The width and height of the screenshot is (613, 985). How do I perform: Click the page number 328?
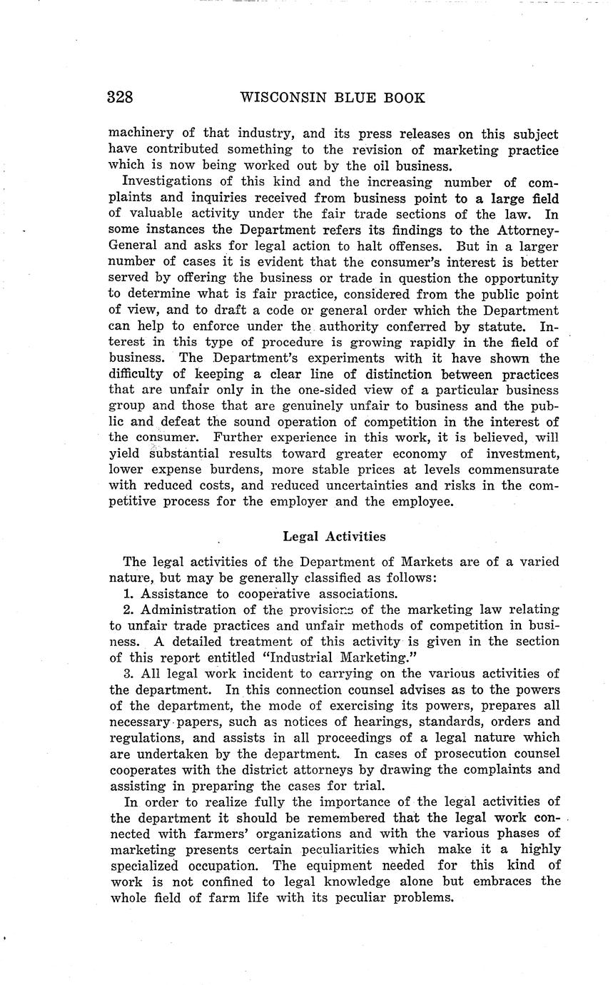[120, 97]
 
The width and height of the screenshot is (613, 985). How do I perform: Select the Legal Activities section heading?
[334, 535]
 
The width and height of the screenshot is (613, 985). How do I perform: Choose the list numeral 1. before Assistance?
[129, 594]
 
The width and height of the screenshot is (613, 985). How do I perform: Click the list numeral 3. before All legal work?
[129, 673]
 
